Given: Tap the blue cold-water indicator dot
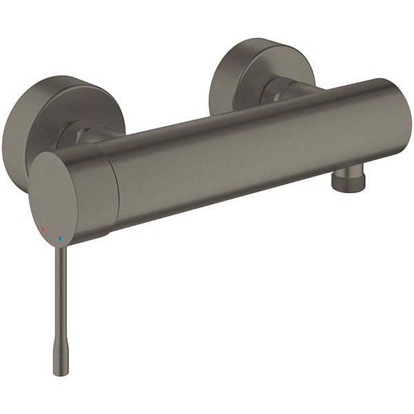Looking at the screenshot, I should [x=60, y=239].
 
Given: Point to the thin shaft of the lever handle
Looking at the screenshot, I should [x=61, y=297].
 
